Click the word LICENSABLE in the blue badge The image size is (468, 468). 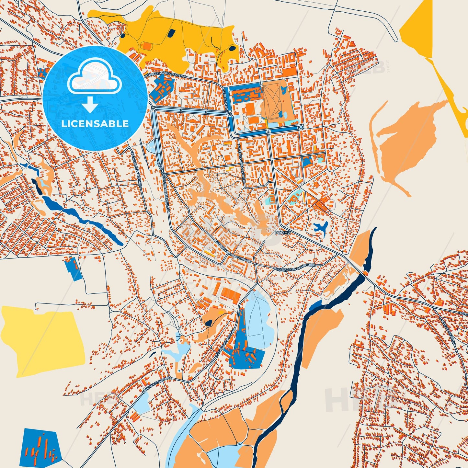95,124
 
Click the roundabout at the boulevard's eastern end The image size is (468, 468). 301,128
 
